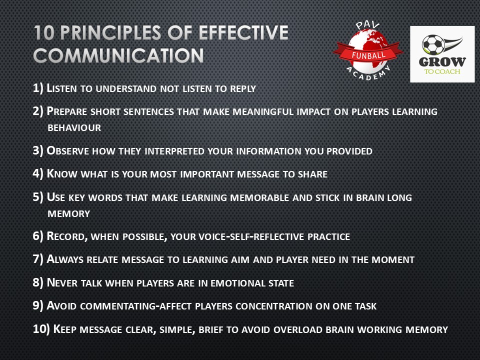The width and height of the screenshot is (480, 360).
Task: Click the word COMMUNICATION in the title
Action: coord(118,55)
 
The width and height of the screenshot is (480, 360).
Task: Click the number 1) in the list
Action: coord(38,88)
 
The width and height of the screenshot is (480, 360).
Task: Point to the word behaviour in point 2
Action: coord(74,127)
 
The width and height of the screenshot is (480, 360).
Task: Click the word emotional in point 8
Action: coord(234,282)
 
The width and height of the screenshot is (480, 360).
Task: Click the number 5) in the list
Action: coord(38,197)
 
